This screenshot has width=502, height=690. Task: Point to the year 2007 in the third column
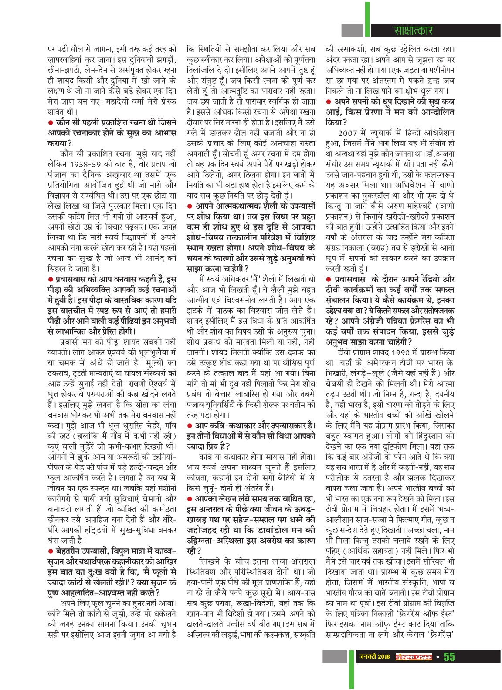point(346,132)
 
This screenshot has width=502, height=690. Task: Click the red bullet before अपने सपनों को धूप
point(328,101)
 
